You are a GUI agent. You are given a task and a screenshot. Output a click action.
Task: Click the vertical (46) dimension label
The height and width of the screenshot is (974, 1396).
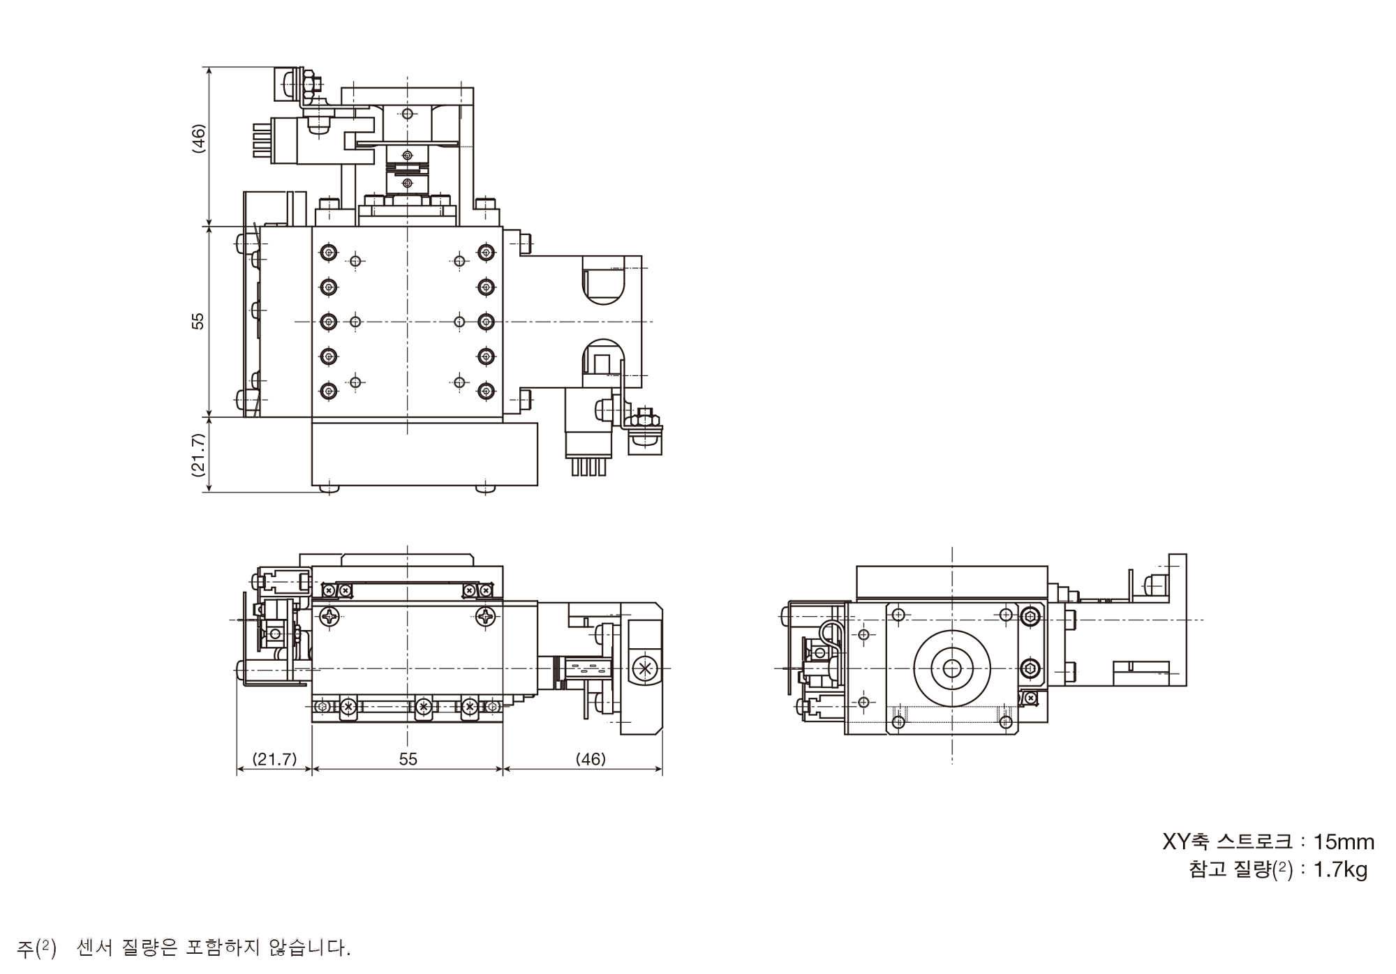click(199, 139)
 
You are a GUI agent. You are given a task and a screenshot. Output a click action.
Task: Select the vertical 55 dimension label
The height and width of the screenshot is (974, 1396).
click(199, 321)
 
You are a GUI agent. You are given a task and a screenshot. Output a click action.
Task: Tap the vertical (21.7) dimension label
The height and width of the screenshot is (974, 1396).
click(199, 454)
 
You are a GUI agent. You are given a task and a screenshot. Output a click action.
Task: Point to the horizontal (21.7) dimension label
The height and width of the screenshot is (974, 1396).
click(274, 758)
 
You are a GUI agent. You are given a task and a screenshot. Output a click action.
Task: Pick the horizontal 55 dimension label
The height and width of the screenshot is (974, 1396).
click(408, 758)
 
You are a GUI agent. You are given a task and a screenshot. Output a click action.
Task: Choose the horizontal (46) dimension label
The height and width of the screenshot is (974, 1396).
click(591, 758)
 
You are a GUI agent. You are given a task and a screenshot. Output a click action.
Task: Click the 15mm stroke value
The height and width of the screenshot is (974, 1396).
click(1344, 842)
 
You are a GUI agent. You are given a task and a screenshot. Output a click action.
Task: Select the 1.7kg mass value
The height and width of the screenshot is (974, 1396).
click(1340, 870)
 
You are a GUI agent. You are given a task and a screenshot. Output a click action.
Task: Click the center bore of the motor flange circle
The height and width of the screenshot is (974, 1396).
click(951, 668)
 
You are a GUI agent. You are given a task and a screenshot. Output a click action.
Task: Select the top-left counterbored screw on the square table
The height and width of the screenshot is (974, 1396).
click(329, 252)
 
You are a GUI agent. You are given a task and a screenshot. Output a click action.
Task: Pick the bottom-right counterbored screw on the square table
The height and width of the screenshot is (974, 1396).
click(486, 391)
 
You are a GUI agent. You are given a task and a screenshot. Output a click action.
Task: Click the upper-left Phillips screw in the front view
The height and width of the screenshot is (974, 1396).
click(329, 616)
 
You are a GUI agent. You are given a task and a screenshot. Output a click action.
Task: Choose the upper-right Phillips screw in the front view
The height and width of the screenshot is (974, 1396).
click(485, 616)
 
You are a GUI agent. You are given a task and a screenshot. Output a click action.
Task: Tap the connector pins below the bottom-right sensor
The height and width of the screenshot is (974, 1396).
click(588, 467)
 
